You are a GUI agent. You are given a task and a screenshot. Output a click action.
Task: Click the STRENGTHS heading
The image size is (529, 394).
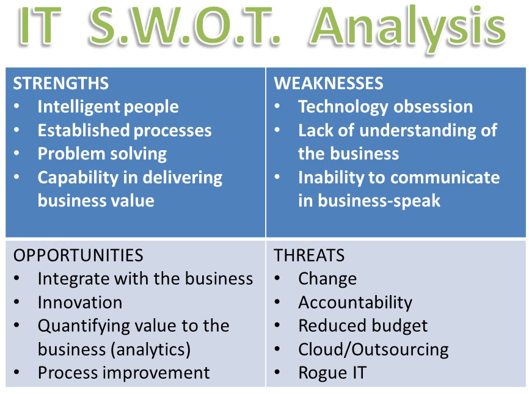pyautogui.click(x=60, y=83)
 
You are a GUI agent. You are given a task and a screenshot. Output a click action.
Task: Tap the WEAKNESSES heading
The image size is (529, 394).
pyautogui.click(x=328, y=83)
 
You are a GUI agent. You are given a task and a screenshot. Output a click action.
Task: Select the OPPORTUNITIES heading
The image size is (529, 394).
pyautogui.click(x=78, y=255)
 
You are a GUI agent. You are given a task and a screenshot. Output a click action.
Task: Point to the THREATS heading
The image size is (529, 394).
pyautogui.click(x=309, y=255)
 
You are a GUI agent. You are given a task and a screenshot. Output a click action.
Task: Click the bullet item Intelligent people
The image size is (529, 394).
pyautogui.click(x=108, y=107)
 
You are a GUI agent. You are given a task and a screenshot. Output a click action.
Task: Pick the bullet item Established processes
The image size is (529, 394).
pyautogui.click(x=125, y=130)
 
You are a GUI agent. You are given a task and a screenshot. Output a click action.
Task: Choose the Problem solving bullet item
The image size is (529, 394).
pyautogui.click(x=102, y=154)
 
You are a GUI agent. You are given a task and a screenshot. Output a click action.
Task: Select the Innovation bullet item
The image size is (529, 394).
pyautogui.click(x=80, y=302)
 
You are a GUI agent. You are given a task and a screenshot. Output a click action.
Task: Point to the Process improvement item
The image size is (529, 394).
pyautogui.click(x=123, y=373)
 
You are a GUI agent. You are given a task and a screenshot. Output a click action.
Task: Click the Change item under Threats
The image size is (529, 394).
pyautogui.click(x=327, y=279)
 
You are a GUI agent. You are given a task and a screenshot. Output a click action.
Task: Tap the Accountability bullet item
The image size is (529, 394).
pyautogui.click(x=355, y=302)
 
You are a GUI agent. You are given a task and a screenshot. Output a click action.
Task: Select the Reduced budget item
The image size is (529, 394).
pyautogui.click(x=363, y=326)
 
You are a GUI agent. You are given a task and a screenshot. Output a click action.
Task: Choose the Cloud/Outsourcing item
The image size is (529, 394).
pyautogui.click(x=373, y=349)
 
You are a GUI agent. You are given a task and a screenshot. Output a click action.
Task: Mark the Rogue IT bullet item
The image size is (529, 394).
pyautogui.click(x=332, y=373)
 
